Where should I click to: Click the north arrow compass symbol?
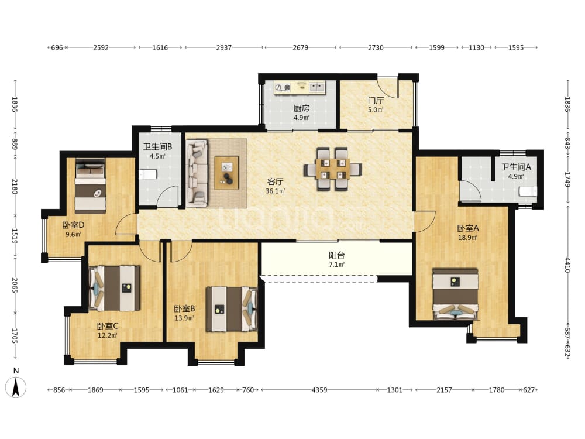[x=16, y=387]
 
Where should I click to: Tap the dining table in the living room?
[x=333, y=169]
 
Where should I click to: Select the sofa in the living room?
[x=197, y=173]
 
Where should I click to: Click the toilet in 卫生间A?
[x=528, y=191]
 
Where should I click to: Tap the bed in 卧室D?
[x=90, y=186]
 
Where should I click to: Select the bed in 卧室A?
[x=455, y=294]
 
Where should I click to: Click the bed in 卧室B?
[x=232, y=308]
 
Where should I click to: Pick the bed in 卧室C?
[x=115, y=288]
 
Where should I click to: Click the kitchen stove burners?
[x=283, y=88]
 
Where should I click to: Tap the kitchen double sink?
[x=316, y=87]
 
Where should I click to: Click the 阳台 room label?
[x=336, y=255]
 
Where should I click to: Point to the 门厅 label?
[x=376, y=101]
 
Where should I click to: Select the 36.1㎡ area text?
[x=276, y=191]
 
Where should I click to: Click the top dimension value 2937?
[x=224, y=47]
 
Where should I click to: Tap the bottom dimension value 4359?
[x=319, y=390]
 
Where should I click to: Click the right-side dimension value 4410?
[x=567, y=265]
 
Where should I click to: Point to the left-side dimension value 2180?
[x=15, y=186]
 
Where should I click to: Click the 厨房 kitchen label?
[x=301, y=108]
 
